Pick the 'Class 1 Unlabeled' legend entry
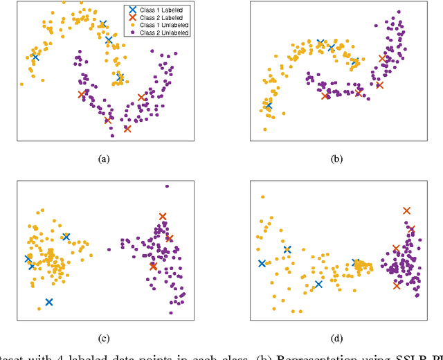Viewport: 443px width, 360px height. [x=160, y=25]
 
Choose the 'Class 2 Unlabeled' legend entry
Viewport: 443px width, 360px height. [x=160, y=33]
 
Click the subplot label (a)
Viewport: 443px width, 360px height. [x=104, y=159]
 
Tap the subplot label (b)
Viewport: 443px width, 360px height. [x=336, y=159]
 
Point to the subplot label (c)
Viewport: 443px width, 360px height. [x=104, y=339]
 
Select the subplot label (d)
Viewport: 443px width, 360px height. [x=336, y=339]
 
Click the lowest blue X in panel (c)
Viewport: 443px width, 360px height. [x=49, y=302]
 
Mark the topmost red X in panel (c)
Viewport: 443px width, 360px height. [x=163, y=217]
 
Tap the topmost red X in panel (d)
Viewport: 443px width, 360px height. [x=406, y=210]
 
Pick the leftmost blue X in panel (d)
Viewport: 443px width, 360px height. [x=262, y=263]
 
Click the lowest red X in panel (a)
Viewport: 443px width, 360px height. [x=127, y=129]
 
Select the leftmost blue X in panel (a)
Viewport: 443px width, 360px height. [x=35, y=57]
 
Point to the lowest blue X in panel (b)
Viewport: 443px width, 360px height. [x=269, y=106]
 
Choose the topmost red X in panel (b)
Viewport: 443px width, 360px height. [x=382, y=58]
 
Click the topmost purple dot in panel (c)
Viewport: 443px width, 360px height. [x=166, y=186]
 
